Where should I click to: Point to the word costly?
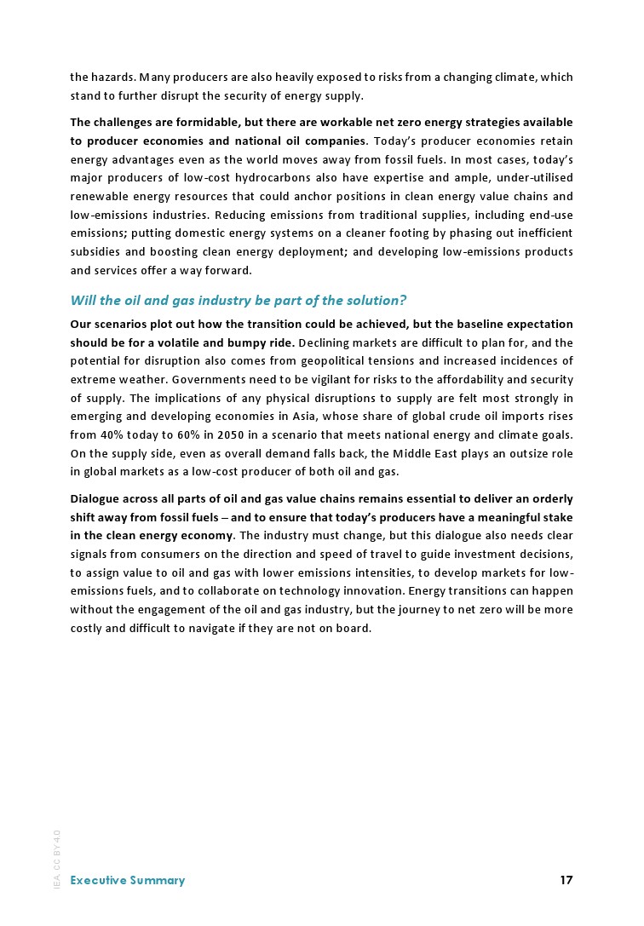tap(89, 629)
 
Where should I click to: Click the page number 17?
tap(566, 880)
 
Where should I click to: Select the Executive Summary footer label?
tap(127, 880)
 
